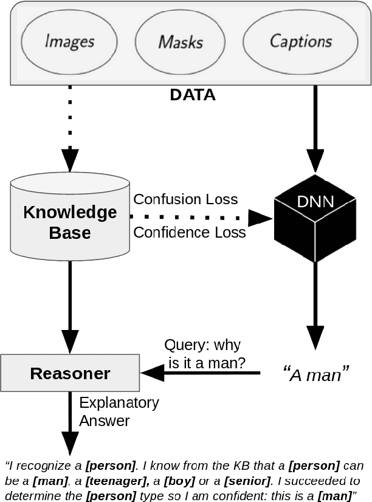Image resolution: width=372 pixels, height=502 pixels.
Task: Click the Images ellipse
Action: coord(70,41)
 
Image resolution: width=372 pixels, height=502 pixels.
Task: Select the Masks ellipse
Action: coord(181,41)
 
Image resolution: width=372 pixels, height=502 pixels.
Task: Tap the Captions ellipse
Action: coord(300,41)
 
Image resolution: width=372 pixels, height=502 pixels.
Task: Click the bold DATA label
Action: coord(192,95)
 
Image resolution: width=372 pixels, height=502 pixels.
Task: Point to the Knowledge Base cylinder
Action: coord(70,222)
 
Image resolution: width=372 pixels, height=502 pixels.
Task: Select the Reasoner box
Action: coord(70,373)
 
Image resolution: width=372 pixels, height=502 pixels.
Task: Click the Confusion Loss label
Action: coord(185,199)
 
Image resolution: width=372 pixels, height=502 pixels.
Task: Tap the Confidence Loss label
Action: coord(190,233)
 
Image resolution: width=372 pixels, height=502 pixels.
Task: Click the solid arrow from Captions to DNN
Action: coord(314,128)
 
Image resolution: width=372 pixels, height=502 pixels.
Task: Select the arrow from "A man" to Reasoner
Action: coord(201,373)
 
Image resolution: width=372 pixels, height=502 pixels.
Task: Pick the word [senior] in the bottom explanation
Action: coord(247,481)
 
